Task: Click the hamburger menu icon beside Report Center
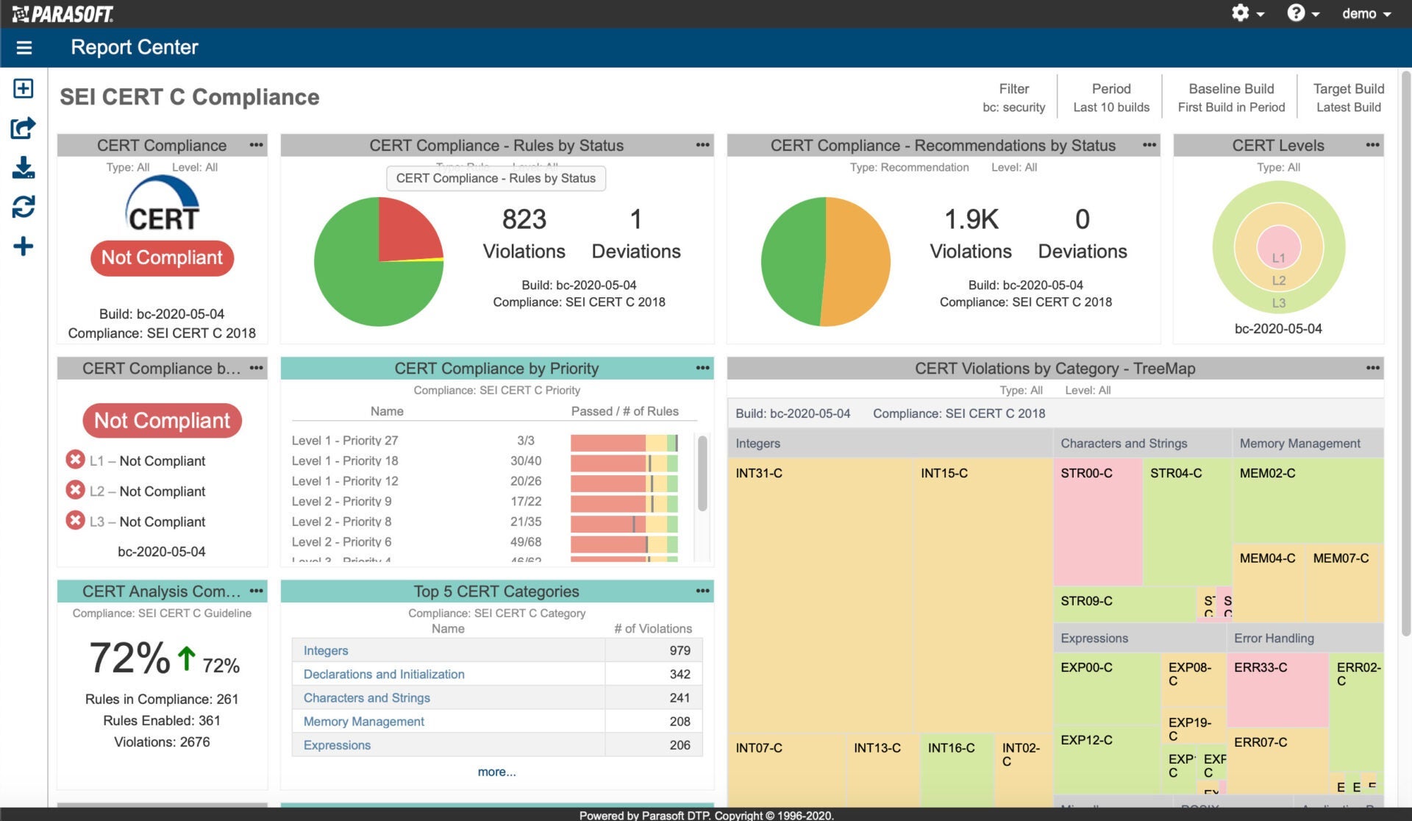(24, 48)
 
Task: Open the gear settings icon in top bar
(1241, 13)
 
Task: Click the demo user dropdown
(1366, 14)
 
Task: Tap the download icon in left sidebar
(24, 168)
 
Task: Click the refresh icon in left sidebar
(24, 207)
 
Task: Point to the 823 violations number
(524, 219)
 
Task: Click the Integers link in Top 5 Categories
(326, 651)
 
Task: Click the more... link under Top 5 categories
(496, 772)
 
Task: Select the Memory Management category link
(363, 722)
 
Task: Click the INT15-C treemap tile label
(944, 474)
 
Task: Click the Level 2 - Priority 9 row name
(341, 502)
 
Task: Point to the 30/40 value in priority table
(526, 461)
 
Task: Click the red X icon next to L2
(75, 490)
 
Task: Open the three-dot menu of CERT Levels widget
(1372, 145)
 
